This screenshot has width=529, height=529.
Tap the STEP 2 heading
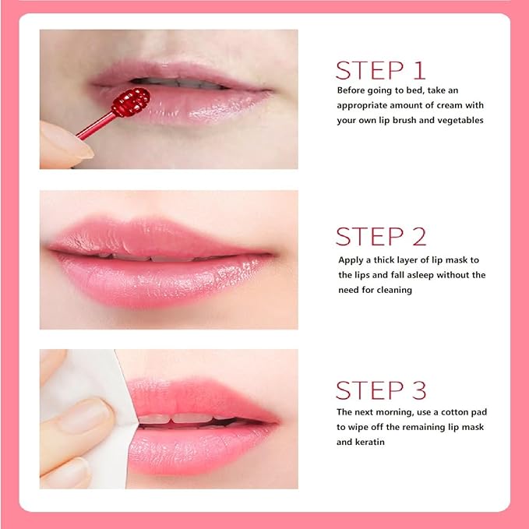coord(380,236)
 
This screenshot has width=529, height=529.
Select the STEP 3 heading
coord(380,390)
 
